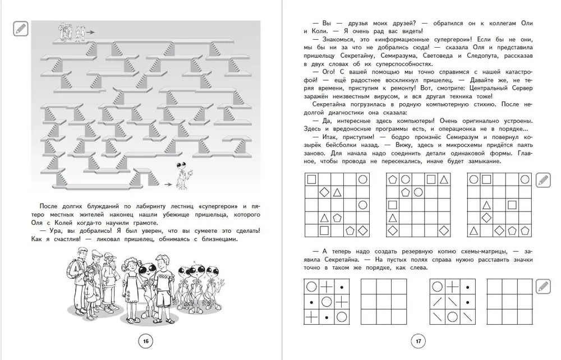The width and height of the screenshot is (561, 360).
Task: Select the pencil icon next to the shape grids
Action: [542, 180]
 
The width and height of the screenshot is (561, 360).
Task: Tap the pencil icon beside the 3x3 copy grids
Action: [542, 287]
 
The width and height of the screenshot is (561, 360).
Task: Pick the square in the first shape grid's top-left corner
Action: [310, 179]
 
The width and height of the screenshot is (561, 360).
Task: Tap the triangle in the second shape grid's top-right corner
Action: [444, 180]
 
